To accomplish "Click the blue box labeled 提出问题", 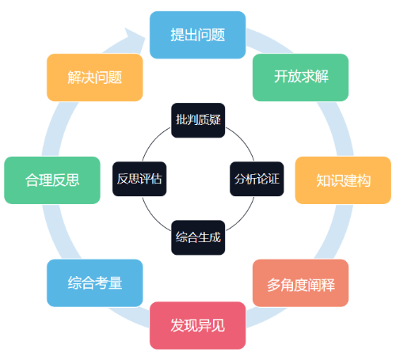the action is pos(197,35).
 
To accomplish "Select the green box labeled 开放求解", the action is pos(300,78).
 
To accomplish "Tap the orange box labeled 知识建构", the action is pos(343,180).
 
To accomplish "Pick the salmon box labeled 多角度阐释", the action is pos(300,283).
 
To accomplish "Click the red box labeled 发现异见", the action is pos(197,325).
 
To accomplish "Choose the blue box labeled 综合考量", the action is pos(95,283).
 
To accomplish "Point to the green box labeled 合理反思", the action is pos(52,180).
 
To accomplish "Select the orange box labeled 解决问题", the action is pos(95,78).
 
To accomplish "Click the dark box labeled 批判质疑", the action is pos(198,120).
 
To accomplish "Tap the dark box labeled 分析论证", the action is pos(257,179).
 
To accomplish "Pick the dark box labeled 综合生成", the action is pos(198,237).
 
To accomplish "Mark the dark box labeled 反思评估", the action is pos(139,179).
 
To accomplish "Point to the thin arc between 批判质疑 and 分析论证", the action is pos(243,140).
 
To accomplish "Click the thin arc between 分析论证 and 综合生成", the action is pos(243,218).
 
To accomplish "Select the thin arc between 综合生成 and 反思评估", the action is pos(153,218).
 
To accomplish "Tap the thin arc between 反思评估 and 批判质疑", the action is pos(153,140).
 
